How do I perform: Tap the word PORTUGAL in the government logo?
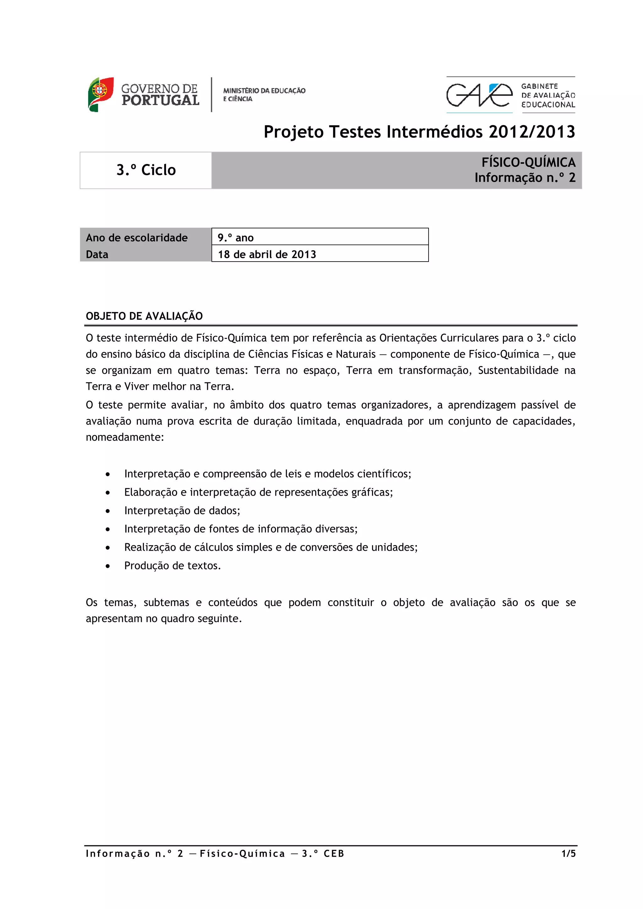pyautogui.click(x=160, y=101)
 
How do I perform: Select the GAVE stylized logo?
pyautogui.click(x=478, y=95)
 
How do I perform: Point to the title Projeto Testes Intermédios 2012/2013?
pyautogui.click(x=419, y=132)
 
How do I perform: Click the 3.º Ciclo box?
pyautogui.click(x=146, y=170)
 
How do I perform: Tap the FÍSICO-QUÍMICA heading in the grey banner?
pyautogui.click(x=528, y=162)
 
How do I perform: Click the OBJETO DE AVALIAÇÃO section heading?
pyautogui.click(x=144, y=316)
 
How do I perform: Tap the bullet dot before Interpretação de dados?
pyautogui.click(x=108, y=511)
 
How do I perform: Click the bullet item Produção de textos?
pyautogui.click(x=172, y=566)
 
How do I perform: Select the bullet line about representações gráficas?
pyautogui.click(x=258, y=492)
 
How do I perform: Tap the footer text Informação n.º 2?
pyautogui.click(x=134, y=853)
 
